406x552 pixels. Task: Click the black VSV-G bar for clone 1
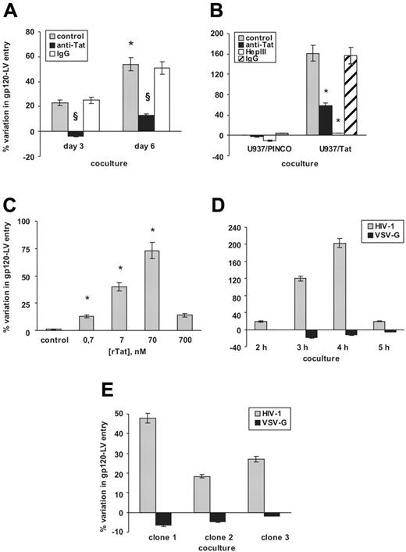coord(162,519)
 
